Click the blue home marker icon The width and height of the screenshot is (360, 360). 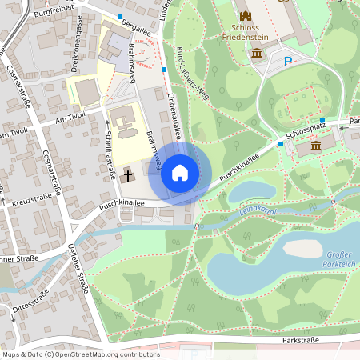click(179, 173)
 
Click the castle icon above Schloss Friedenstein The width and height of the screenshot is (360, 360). click(246, 15)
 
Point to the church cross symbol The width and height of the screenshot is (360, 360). click(128, 173)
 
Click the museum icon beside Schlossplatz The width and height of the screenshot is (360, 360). click(315, 146)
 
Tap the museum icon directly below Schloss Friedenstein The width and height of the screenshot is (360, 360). click(257, 53)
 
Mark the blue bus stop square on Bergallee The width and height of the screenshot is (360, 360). click(120, 17)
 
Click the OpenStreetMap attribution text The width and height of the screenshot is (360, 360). click(70, 354)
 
